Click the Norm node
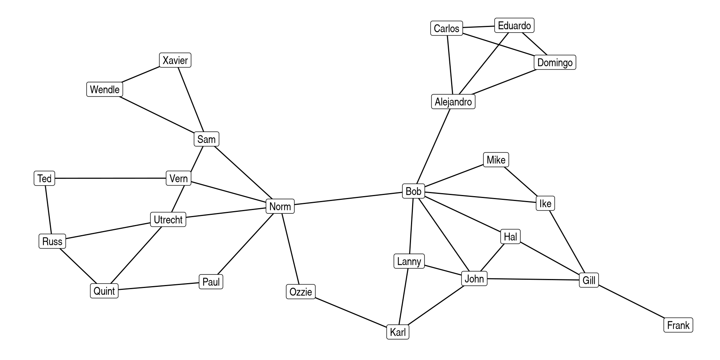tap(280, 206)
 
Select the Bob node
tap(413, 191)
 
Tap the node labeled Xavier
tap(175, 60)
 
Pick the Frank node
tap(678, 325)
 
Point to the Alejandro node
tap(453, 102)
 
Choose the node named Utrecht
tap(168, 219)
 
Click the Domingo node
tap(555, 62)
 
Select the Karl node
tap(397, 332)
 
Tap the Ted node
tap(44, 178)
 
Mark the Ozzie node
tap(301, 292)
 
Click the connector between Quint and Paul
tap(159, 286)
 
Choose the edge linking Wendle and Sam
tap(157, 115)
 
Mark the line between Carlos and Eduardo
tap(478, 27)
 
